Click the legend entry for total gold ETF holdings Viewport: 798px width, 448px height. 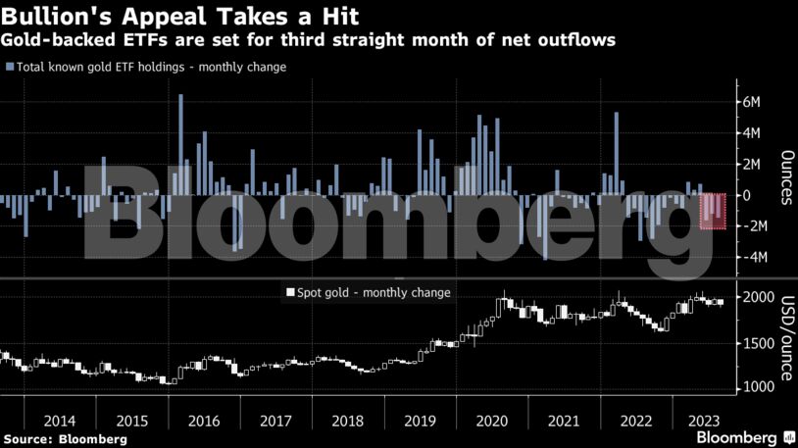[149, 67]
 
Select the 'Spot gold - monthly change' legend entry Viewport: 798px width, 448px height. [368, 292]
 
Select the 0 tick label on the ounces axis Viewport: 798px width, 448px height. [747, 195]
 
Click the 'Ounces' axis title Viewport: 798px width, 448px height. [786, 178]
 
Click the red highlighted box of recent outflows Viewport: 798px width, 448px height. [713, 212]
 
